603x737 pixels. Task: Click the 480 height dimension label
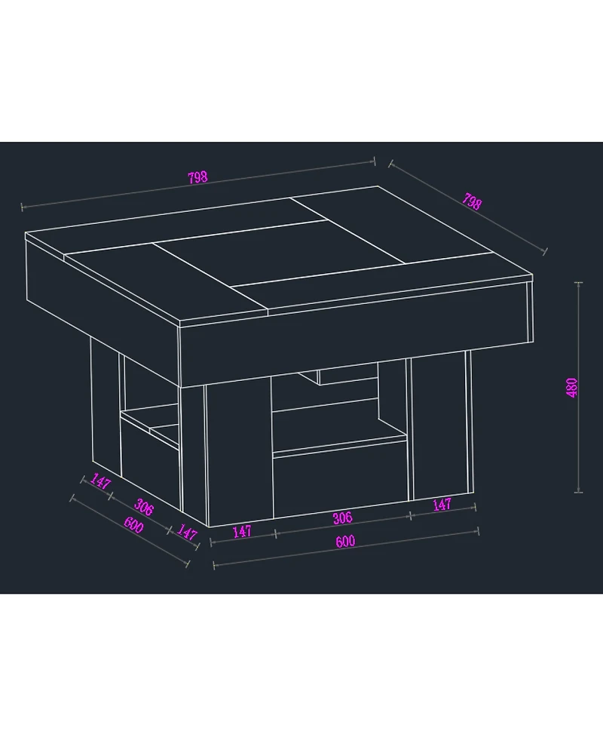pyautogui.click(x=572, y=388)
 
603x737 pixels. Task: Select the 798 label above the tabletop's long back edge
pyautogui.click(x=197, y=177)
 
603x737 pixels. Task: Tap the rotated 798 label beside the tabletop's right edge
pyautogui.click(x=472, y=201)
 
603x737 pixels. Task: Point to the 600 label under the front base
pyautogui.click(x=346, y=542)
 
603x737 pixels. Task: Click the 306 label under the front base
pyautogui.click(x=342, y=518)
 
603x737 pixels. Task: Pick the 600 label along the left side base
pyautogui.click(x=134, y=524)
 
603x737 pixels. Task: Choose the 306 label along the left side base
pyautogui.click(x=144, y=508)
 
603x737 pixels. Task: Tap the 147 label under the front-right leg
pyautogui.click(x=442, y=505)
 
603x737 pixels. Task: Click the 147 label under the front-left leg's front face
pyautogui.click(x=242, y=532)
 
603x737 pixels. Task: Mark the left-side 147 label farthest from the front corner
pyautogui.click(x=100, y=481)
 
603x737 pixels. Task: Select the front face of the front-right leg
pyautogui.click(x=440, y=425)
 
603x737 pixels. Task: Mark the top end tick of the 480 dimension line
pyautogui.click(x=578, y=283)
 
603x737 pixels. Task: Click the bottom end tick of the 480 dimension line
pyautogui.click(x=578, y=492)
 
